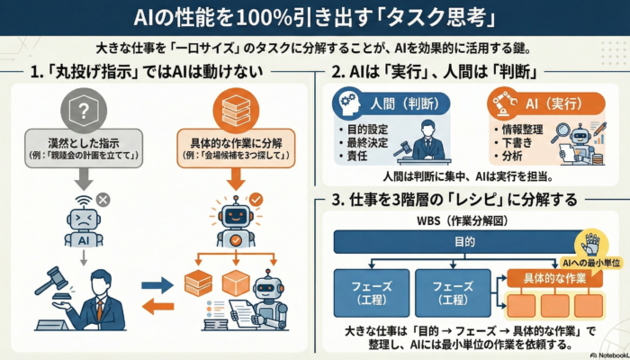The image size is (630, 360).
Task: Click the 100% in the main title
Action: [252, 18]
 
